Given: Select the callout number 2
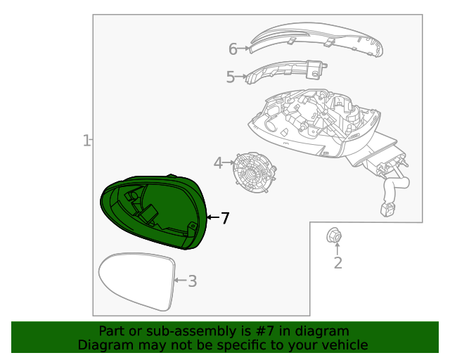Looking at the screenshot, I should (337, 263).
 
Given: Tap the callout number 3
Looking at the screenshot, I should (192, 281).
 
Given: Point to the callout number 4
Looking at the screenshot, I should (218, 163).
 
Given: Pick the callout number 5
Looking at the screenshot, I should (230, 77).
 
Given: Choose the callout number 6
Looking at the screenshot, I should (233, 49).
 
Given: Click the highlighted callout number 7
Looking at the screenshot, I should (225, 219).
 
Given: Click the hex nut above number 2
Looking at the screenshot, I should (335, 236).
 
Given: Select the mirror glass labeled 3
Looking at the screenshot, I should (136, 281).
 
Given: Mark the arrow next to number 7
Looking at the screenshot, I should (212, 219).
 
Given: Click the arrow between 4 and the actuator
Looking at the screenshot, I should (229, 163).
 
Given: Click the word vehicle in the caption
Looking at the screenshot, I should (343, 345).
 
